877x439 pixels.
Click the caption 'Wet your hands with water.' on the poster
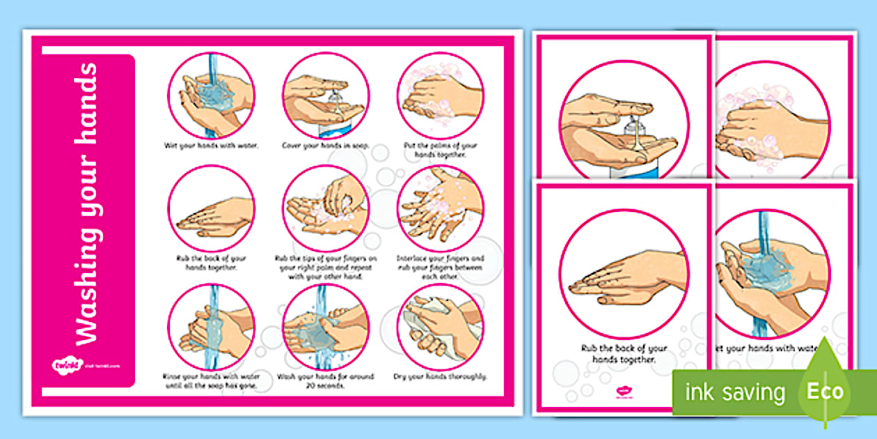pos(211,146)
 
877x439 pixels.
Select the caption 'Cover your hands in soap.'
pos(325,146)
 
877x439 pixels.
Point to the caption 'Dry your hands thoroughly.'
pos(441,377)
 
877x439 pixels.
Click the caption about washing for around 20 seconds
pos(325,381)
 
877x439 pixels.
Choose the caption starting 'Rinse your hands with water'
pos(211,381)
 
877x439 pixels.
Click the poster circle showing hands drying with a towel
pos(440,326)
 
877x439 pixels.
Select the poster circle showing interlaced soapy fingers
pos(440,208)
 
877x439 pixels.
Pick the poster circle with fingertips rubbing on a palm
pos(325,208)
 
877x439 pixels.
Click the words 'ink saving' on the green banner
pos(733,392)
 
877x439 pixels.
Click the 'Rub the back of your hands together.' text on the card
pos(624,354)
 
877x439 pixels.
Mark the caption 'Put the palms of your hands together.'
pos(441,150)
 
